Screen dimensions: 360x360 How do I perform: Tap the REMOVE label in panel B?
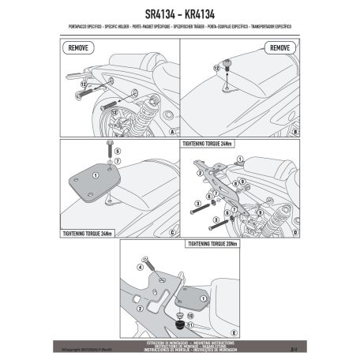(280, 48)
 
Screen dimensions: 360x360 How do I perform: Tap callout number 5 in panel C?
(117, 158)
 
